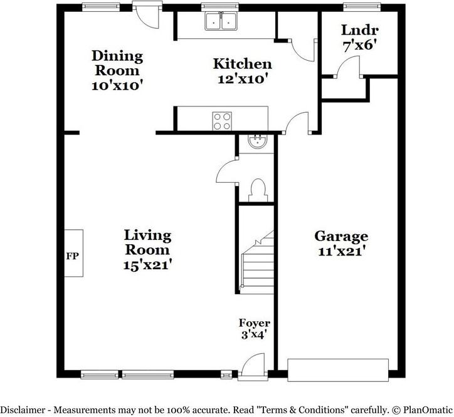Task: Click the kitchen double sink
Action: point(221,21)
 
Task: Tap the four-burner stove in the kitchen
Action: point(222,121)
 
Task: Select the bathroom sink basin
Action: point(256,142)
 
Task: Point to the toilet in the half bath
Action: point(258,190)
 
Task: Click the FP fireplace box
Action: point(73,254)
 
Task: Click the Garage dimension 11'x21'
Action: point(340,252)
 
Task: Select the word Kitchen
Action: point(243,64)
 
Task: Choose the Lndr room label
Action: point(360,30)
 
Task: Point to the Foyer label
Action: point(255,322)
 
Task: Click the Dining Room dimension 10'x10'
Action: point(117,86)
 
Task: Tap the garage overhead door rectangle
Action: point(338,370)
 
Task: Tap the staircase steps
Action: point(257,262)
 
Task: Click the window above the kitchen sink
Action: point(220,7)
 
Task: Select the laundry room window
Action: point(362,7)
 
